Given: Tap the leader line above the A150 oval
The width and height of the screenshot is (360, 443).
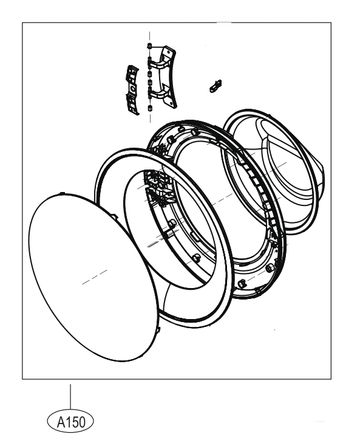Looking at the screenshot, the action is pyautogui.click(x=70, y=397).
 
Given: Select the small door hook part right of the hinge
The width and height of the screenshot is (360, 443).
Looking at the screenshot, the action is pyautogui.click(x=216, y=86).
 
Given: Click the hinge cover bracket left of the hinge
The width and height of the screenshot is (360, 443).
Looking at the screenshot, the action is pyautogui.click(x=132, y=90).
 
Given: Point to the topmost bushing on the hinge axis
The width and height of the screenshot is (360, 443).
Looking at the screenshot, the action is pyautogui.click(x=149, y=45).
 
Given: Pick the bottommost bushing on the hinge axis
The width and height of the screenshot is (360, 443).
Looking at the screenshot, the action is pyautogui.click(x=150, y=108).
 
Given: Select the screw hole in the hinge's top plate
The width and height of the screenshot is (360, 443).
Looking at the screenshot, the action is pyautogui.click(x=169, y=52).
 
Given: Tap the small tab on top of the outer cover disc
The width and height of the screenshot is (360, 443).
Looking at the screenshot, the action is pyautogui.click(x=63, y=193).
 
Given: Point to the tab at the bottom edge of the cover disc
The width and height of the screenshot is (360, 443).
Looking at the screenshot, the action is pyautogui.click(x=158, y=329).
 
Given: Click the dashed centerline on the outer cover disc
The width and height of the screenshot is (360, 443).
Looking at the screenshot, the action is pyautogui.click(x=95, y=277).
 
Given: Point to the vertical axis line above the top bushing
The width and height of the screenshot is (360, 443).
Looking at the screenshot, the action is pyautogui.click(x=150, y=37).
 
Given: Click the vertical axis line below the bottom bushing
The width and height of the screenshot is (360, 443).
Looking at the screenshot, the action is pyautogui.click(x=150, y=117).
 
